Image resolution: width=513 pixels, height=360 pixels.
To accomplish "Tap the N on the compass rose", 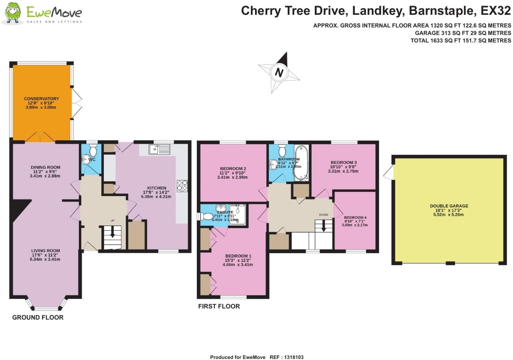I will [279, 72].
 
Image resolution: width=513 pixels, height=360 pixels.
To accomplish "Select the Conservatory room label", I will [41, 99].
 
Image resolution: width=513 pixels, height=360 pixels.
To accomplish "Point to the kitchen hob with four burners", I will [182, 185].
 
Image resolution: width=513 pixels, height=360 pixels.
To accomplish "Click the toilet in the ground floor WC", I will [93, 151].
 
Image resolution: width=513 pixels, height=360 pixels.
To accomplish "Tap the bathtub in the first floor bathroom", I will [301, 163].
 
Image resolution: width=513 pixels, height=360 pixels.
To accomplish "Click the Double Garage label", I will [449, 206].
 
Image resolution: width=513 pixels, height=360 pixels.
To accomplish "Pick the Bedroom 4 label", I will [355, 218].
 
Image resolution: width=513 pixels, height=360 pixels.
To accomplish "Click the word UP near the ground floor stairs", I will [113, 221].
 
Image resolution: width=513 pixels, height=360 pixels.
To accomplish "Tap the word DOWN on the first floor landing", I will [324, 215].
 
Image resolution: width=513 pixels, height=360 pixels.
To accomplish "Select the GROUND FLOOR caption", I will [38, 318].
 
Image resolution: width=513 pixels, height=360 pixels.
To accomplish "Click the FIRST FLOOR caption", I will [219, 306].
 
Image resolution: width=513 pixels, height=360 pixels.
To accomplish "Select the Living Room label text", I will [46, 251].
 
